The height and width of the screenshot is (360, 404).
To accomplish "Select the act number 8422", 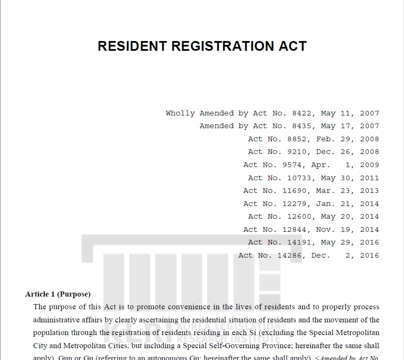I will (x=302, y=113).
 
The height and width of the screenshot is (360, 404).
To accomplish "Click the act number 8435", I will (x=302, y=126).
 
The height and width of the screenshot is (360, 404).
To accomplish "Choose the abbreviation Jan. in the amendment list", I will (x=326, y=204).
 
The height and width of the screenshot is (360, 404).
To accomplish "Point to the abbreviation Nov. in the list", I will (x=326, y=230).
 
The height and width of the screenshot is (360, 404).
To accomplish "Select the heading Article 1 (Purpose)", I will (x=58, y=294).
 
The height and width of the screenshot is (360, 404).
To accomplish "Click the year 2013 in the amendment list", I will (x=369, y=191).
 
